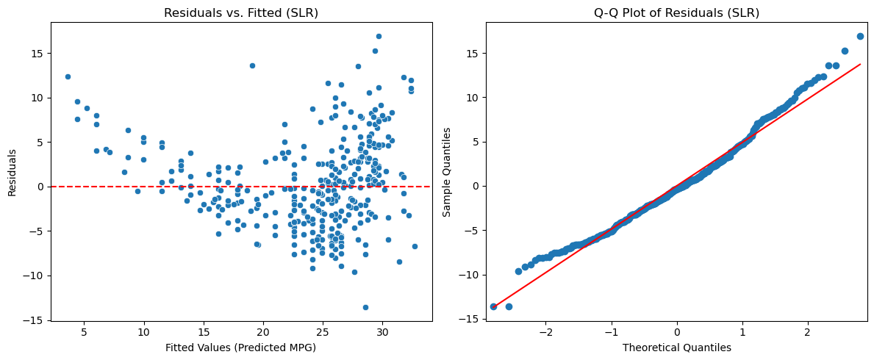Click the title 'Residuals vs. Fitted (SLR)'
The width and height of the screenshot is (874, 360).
pos(241,13)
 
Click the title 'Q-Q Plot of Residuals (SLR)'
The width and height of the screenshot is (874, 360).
pos(676,13)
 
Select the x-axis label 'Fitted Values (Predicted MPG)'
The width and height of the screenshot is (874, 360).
pos(241,348)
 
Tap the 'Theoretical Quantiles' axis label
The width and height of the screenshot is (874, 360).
pos(676,348)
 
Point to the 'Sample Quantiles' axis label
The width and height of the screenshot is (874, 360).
pos(447,171)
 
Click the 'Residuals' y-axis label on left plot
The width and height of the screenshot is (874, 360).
pos(12,171)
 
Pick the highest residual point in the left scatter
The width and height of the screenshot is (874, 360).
pos(379,36)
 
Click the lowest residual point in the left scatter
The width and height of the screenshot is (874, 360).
pos(365,307)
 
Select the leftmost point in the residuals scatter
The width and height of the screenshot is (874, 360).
pos(68,76)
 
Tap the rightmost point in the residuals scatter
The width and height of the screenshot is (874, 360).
pos(415,246)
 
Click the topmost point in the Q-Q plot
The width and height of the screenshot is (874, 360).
pos(860,36)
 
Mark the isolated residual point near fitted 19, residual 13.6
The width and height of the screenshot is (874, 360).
pos(252,65)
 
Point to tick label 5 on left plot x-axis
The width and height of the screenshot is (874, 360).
pos(84,331)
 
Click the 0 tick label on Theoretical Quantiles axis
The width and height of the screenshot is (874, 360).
pos(677,331)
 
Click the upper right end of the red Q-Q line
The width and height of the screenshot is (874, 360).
pos(860,65)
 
